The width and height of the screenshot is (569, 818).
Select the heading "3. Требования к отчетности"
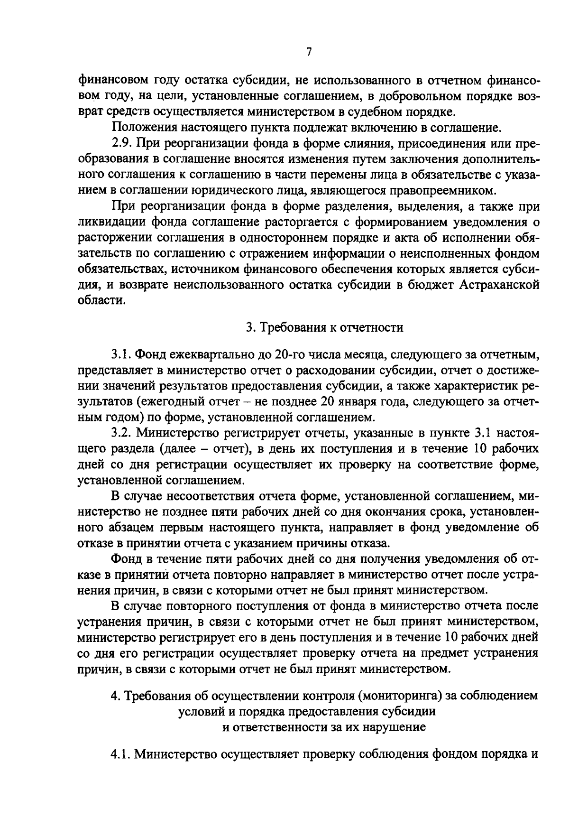[324, 327]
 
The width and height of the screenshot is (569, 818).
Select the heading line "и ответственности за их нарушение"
[324, 727]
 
